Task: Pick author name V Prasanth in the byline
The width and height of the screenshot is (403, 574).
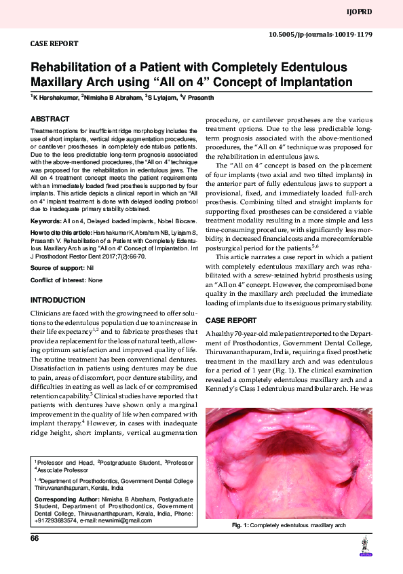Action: click(x=199, y=98)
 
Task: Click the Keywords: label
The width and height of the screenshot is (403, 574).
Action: click(x=46, y=221)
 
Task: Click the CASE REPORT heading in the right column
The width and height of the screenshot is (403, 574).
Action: click(x=231, y=320)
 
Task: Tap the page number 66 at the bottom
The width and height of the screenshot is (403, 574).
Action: click(x=35, y=538)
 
